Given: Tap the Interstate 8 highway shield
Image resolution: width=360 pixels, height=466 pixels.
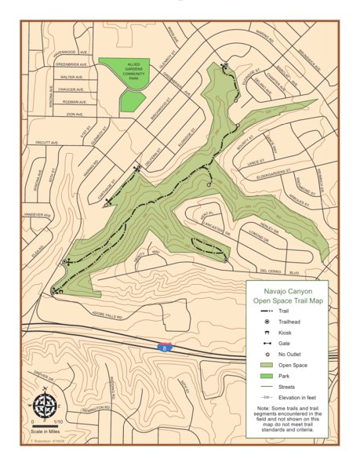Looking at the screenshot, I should [x=163, y=345].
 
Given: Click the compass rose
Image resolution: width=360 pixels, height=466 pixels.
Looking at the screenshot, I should [x=45, y=405].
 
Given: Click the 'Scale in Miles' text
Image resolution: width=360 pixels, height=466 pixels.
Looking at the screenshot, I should [x=45, y=431].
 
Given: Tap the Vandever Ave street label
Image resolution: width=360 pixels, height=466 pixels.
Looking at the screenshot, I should [x=37, y=214].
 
